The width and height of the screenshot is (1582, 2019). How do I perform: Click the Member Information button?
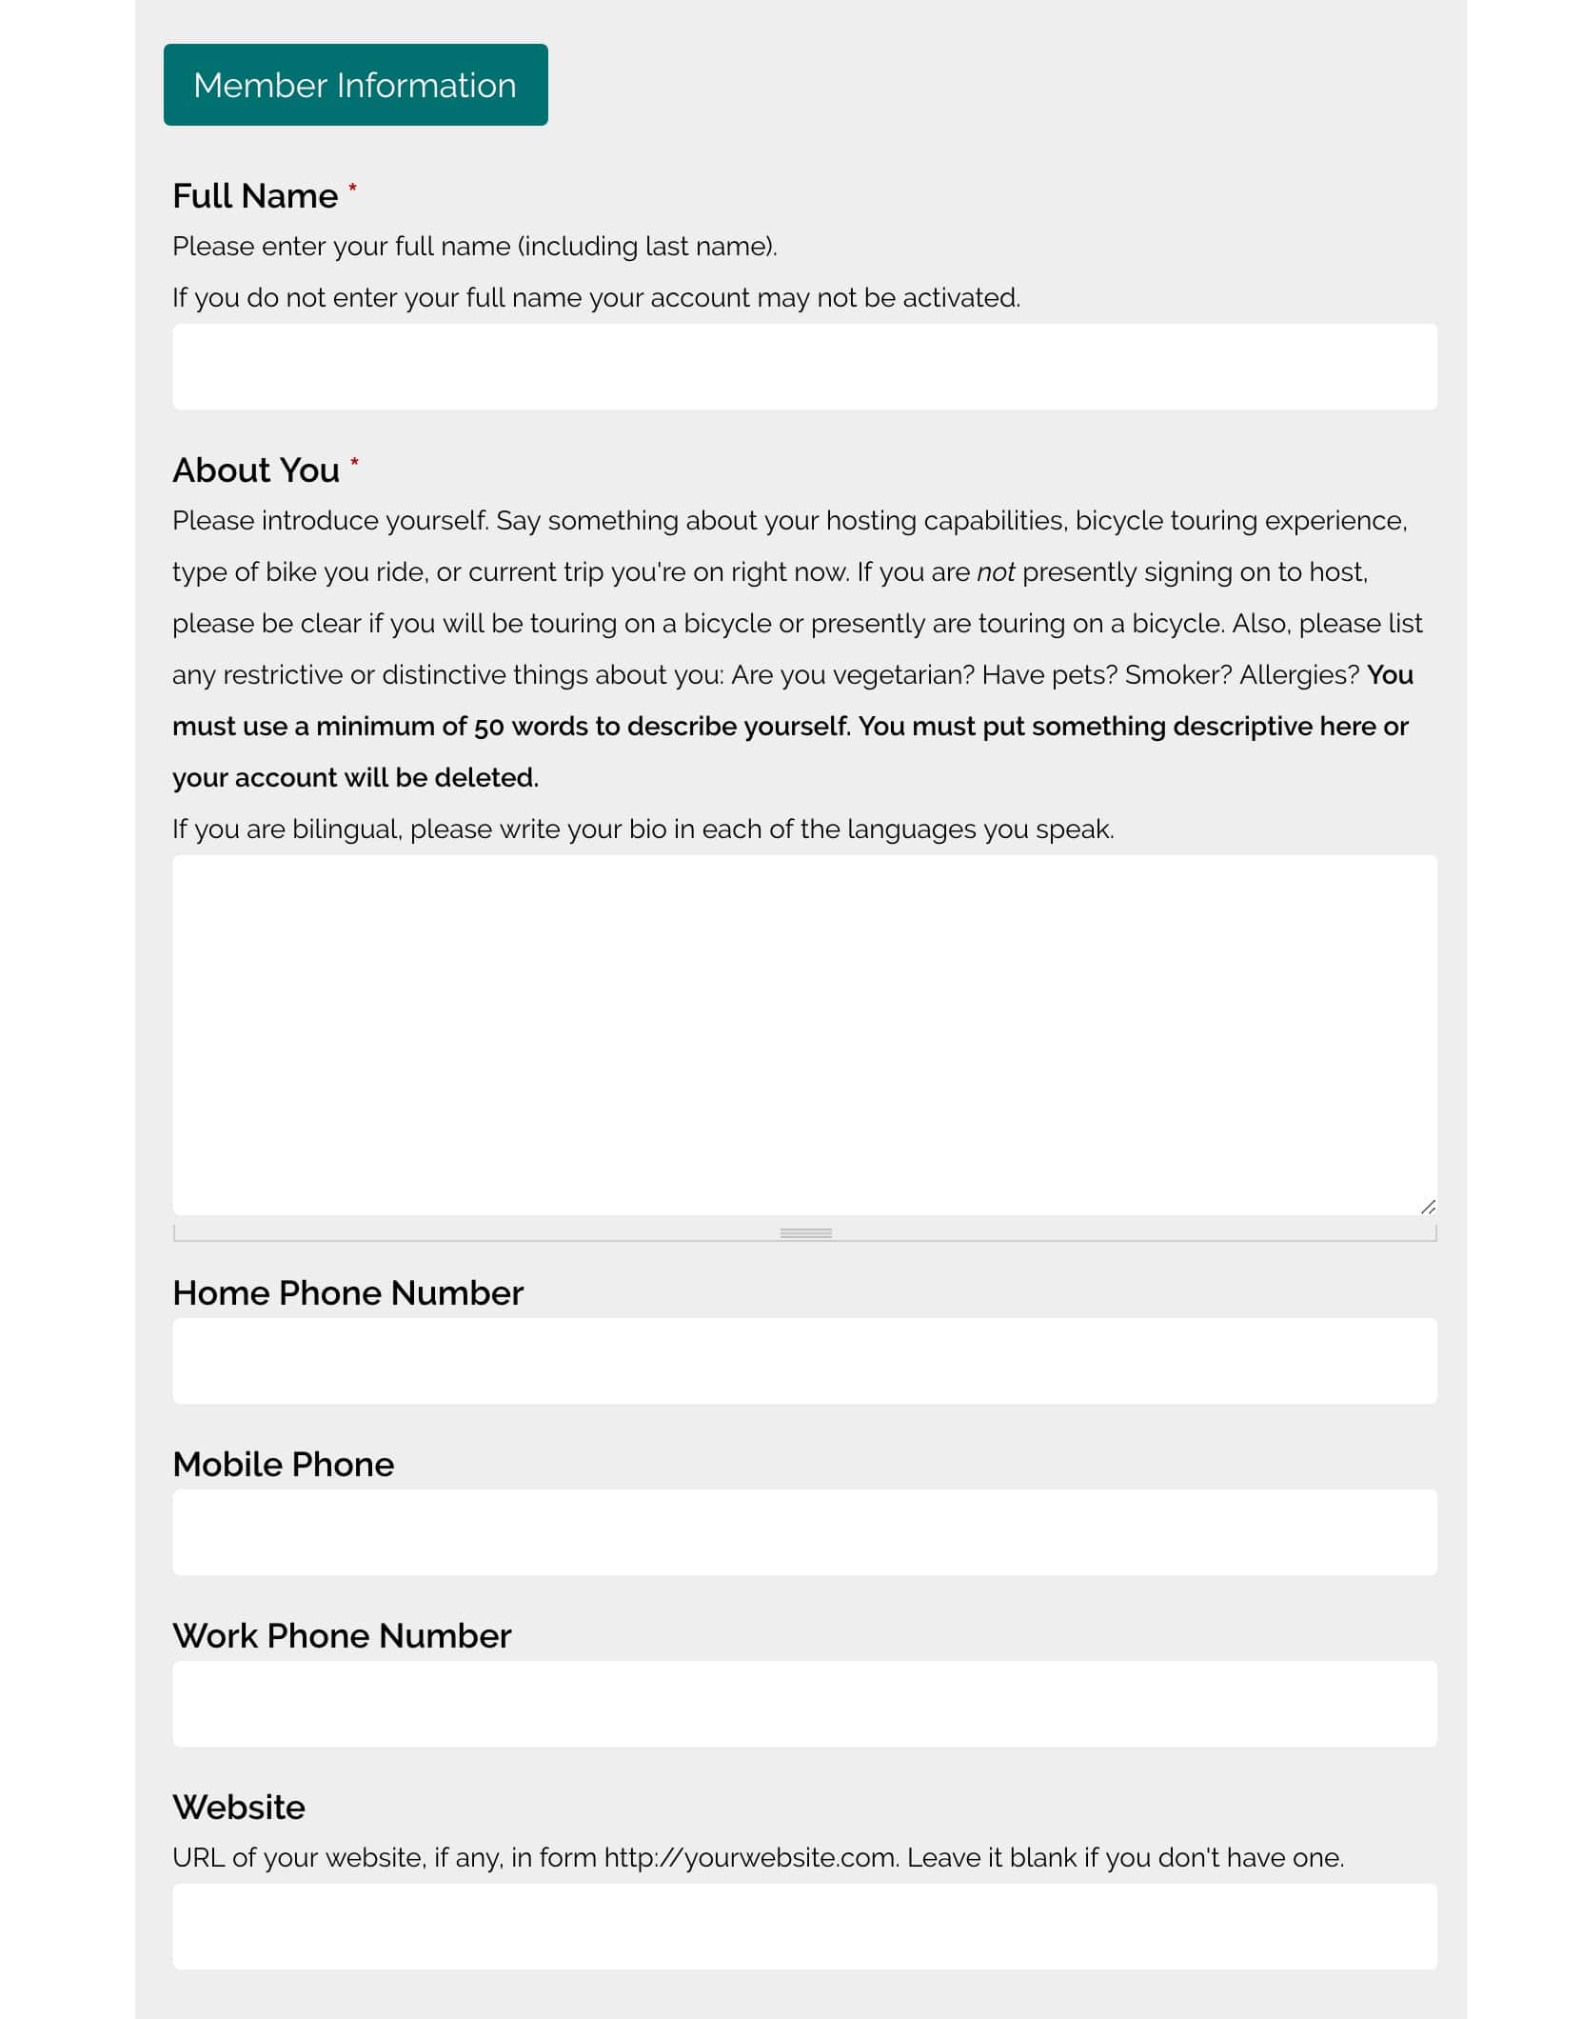(355, 85)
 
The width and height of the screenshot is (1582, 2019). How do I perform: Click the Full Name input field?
(804, 367)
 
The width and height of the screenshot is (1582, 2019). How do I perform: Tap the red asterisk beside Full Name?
(352, 188)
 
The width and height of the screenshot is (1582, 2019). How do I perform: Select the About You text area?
(804, 1034)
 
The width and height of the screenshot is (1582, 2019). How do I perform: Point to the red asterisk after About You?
(354, 462)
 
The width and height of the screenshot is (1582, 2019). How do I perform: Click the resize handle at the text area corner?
(1427, 1207)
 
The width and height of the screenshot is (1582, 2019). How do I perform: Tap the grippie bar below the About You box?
(805, 1233)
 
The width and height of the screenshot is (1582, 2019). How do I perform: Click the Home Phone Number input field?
(804, 1361)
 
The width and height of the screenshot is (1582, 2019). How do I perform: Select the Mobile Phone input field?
(804, 1532)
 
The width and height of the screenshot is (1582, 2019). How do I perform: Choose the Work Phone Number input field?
(804, 1704)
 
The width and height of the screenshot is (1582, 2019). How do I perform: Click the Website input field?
(804, 1927)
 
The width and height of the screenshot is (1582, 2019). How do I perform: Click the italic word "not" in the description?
(996, 572)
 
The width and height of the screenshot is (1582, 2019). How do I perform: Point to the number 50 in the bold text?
(488, 727)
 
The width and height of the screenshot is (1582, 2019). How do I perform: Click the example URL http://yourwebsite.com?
(751, 1858)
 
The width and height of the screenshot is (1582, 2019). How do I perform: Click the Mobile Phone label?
(283, 1464)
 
